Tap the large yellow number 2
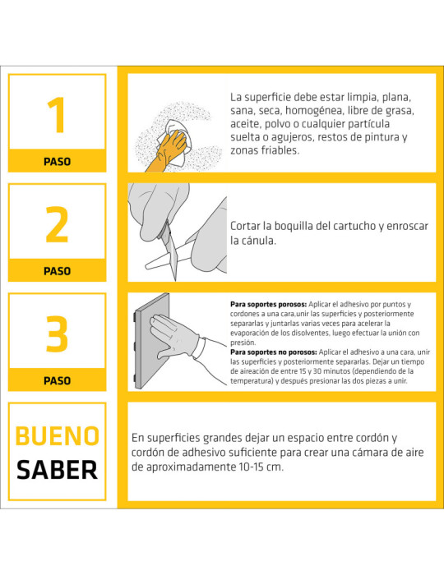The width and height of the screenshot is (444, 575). [x=57, y=224]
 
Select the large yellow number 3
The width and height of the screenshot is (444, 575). [x=57, y=333]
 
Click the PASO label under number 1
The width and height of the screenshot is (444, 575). [x=57, y=161]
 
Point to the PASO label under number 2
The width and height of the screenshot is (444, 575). [x=57, y=271]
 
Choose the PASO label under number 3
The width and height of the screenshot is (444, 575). [x=57, y=380]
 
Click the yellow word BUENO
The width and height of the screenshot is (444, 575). [x=58, y=436]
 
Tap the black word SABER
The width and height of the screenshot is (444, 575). [x=58, y=470]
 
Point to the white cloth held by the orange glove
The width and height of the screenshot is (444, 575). [x=177, y=141]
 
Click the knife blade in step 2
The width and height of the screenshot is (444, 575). [x=172, y=253]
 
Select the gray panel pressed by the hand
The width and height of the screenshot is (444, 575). [x=151, y=341]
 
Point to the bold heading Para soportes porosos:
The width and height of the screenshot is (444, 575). [x=268, y=305]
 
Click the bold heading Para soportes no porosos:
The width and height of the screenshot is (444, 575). [x=273, y=352]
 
